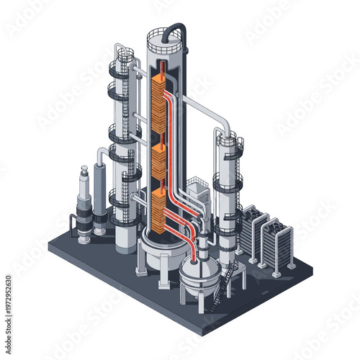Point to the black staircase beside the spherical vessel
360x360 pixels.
(230, 276)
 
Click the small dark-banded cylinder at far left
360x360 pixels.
(84, 205)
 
